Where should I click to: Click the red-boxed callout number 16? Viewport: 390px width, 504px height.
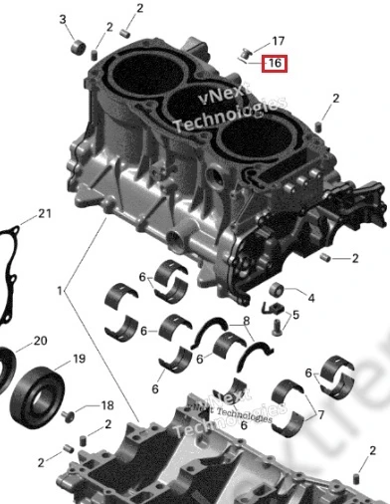275,63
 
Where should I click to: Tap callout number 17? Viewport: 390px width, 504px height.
278,41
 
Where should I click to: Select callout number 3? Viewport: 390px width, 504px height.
63,19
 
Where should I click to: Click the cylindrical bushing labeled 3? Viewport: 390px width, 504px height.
79,47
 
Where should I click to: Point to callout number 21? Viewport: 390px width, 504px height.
45,213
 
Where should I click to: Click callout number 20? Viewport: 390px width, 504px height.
41,341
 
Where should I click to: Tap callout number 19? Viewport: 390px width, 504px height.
79,359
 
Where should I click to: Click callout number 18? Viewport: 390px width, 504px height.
107,405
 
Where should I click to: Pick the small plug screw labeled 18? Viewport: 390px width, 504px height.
68,415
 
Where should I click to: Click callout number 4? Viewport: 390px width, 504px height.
311,298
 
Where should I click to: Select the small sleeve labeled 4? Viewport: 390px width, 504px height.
276,290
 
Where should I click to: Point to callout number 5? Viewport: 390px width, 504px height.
295,315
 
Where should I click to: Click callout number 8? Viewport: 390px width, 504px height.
246,321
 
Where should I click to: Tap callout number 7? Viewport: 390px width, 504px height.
320,414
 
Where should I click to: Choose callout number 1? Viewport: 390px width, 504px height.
60,291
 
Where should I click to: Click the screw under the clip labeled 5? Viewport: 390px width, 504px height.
277,327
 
